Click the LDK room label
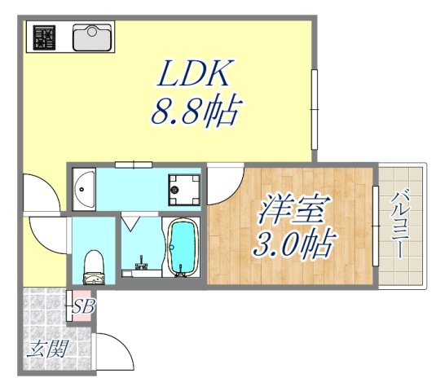pos(195,77)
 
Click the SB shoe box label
pos(82,307)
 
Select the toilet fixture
pos(95,265)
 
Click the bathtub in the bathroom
pos(181,247)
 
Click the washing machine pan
pos(183,190)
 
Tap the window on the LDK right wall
pos(315,110)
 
